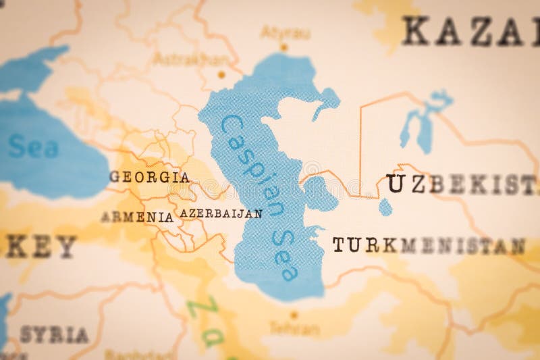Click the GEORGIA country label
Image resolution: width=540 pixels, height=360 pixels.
tap(149, 178)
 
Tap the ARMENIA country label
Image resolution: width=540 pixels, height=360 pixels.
tap(137, 217)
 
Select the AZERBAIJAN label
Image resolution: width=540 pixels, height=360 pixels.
tap(221, 213)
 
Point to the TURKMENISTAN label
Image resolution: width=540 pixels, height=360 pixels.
tap(428, 245)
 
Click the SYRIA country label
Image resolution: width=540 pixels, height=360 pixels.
tap(54, 334)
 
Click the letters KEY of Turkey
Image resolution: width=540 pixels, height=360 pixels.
tap(40, 247)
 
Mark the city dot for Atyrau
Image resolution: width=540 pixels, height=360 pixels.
tap(284, 47)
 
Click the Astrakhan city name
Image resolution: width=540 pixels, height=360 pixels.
tap(180, 59)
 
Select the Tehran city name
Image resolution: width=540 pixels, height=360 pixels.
tap(294, 329)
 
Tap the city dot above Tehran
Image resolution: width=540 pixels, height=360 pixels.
tap(294, 315)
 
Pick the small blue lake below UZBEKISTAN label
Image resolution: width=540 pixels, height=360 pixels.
tap(385, 207)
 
